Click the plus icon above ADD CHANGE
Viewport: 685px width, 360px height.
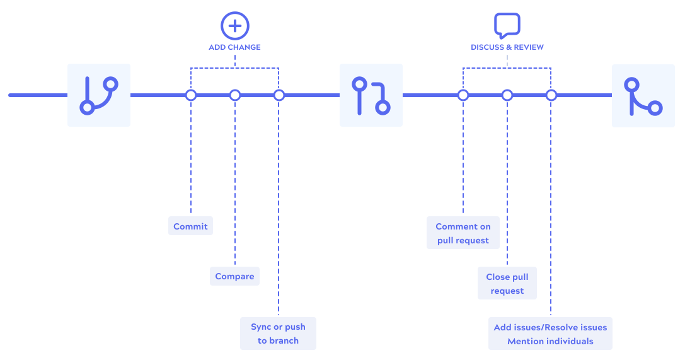pos(234,26)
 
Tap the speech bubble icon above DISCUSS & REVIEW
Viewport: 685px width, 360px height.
pos(507,25)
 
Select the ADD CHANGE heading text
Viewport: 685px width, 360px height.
pos(234,47)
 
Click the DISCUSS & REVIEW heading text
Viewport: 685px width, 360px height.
pos(507,47)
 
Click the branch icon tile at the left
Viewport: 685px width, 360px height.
pos(99,95)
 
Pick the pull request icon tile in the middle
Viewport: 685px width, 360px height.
pos(371,95)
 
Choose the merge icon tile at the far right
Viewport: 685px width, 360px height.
pos(643,95)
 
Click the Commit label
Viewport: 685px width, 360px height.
pos(190,226)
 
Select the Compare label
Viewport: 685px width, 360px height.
pos(234,276)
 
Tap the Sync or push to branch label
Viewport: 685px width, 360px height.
pos(278,334)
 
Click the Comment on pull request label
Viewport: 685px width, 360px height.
pos(463,233)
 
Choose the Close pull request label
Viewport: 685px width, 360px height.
pos(507,284)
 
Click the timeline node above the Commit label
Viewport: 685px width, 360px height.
pos(191,95)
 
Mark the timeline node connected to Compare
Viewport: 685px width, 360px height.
pos(235,95)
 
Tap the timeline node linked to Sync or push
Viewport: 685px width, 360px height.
pos(279,95)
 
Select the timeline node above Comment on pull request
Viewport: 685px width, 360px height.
pos(463,95)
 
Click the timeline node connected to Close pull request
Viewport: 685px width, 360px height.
pos(507,95)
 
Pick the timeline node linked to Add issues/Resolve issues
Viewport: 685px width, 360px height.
pos(551,95)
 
